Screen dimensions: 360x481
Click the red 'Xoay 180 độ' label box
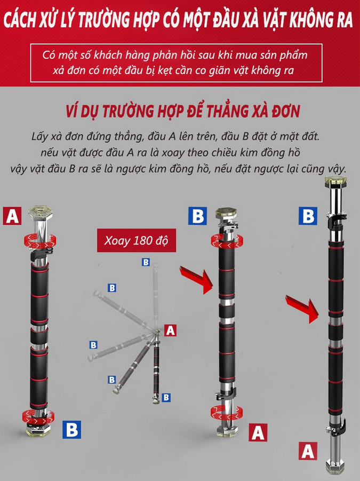coord(137,240)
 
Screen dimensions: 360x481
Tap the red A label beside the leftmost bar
coord(12,216)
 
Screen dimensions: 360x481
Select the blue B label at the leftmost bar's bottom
coord(71,429)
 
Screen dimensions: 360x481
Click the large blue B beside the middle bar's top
coord(198,216)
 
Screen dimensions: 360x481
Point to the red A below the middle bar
coord(258,432)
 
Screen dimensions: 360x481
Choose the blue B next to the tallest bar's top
coord(308,216)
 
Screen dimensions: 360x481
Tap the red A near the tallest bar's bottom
coord(308,451)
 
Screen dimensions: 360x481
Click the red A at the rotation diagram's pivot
coord(170,330)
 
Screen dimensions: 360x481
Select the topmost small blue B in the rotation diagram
coord(146,262)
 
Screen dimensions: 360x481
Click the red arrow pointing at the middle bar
coord(197,279)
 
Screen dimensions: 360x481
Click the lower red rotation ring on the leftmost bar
coord(38,416)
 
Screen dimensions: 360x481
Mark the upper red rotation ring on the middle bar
coord(227,240)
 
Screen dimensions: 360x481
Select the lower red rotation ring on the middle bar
coord(226,412)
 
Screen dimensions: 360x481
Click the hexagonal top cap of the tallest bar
coord(336,182)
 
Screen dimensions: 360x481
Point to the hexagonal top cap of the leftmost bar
coord(41,212)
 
